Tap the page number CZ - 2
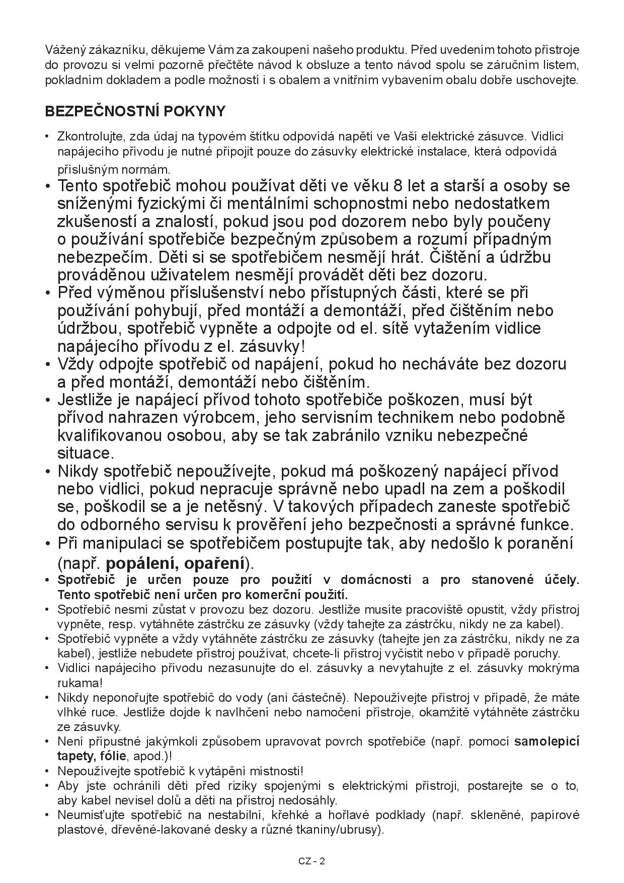(312, 861)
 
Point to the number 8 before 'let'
(399, 186)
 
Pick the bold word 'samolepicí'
(547, 741)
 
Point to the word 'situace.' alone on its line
(86, 453)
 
